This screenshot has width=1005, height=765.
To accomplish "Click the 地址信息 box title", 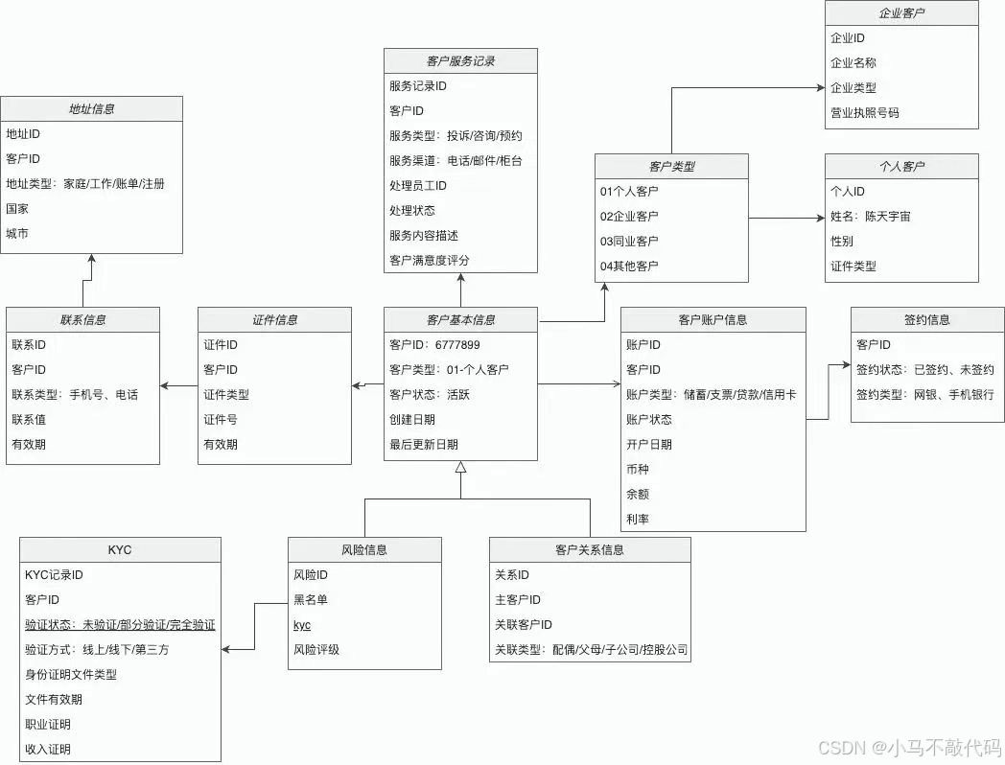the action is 91,109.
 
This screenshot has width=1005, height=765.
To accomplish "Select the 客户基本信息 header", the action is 460,320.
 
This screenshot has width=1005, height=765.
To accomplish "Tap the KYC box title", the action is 120,550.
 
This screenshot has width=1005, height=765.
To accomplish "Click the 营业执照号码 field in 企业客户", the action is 864,113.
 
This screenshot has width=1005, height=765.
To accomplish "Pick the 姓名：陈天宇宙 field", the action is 870,217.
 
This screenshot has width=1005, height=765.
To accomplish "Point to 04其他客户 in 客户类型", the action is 629,267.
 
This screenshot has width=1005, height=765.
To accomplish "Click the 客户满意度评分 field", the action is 429,261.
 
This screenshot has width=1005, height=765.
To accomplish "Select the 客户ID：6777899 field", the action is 434,345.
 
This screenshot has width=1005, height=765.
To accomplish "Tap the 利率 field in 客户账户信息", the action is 637,520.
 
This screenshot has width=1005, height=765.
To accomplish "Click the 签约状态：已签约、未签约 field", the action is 924,370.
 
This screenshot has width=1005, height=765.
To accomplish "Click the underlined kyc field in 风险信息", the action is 302,625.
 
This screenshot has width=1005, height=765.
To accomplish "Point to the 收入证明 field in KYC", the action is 48,750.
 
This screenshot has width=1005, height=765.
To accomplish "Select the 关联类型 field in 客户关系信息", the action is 591,650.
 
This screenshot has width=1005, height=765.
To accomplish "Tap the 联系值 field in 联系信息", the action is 29,420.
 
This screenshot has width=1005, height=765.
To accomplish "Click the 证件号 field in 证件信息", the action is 220,420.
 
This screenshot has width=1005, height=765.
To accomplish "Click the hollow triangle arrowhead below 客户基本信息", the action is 460,468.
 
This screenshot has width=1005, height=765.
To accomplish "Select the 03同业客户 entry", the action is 629,242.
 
